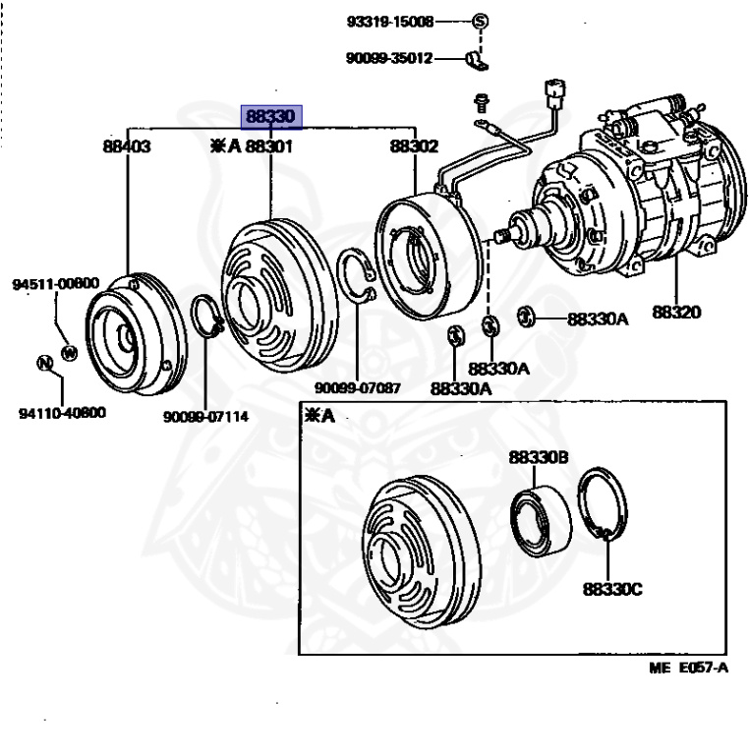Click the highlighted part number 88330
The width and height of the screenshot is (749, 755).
point(271,117)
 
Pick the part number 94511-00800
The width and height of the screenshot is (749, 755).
point(56,284)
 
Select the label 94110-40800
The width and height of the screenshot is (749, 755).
point(62,412)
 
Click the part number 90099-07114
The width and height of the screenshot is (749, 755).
point(205,416)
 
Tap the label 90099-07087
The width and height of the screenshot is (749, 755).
point(357,387)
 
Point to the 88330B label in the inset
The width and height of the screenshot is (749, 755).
point(538,457)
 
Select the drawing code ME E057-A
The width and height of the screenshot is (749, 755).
point(688,668)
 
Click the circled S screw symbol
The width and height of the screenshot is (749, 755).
point(481,21)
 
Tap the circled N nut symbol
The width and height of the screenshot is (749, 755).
point(44,363)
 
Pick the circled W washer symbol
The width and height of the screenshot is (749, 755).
point(68,351)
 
